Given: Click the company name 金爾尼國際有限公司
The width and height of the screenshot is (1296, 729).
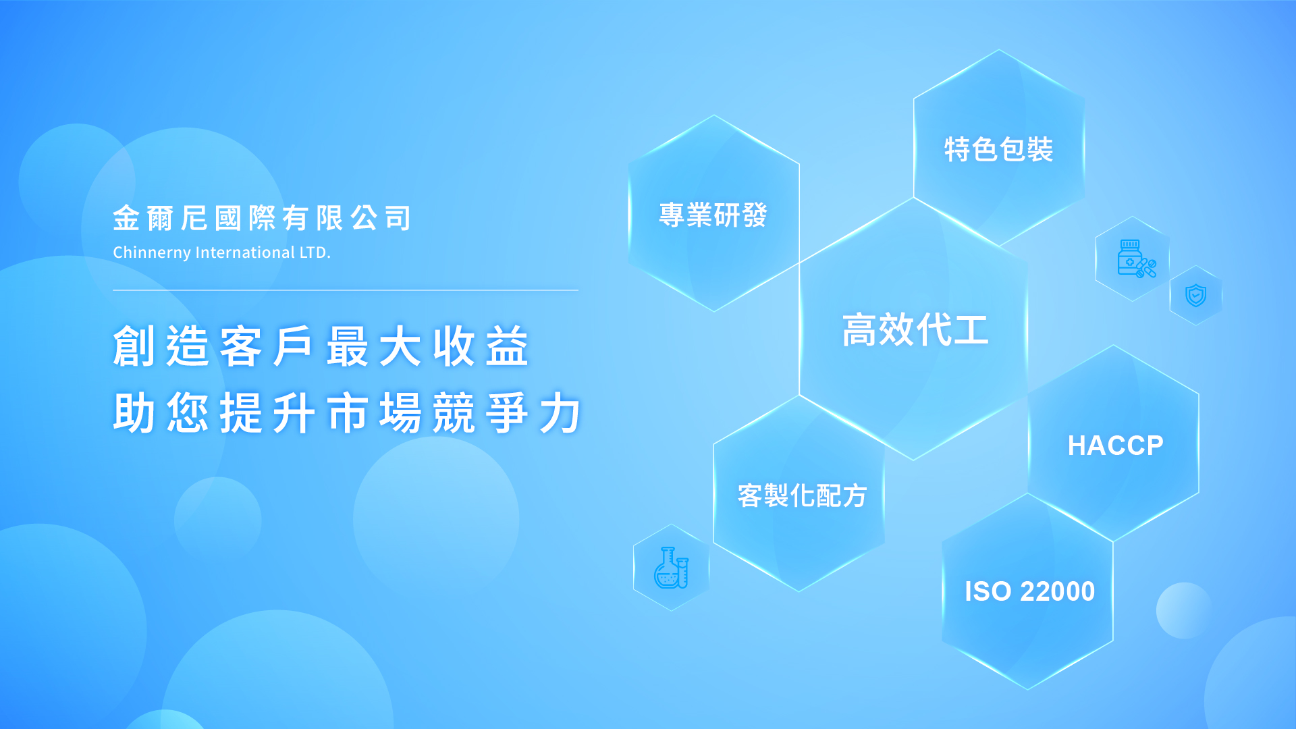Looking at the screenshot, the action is pos(261,218).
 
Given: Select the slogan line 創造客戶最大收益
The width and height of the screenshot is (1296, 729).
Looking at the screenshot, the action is pos(321,346).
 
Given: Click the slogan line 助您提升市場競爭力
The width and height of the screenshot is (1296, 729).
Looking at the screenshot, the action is pos(348,412).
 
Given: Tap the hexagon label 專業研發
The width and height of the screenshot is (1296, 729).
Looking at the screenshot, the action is pos(713,215).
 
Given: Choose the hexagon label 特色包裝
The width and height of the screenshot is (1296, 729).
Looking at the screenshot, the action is pos(998,149).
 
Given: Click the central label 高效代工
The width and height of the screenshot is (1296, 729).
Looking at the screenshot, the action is pos(915,330).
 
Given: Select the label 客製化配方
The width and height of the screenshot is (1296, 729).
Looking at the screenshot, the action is pos(802,495).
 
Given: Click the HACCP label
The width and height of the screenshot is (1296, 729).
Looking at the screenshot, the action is pos(1115,446).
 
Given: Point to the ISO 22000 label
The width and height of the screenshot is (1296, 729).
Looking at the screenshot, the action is pos(1029,591).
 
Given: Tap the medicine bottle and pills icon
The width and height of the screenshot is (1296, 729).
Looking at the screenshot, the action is pos(1137,259).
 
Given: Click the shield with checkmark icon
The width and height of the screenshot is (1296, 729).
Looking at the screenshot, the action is pos(1196,295).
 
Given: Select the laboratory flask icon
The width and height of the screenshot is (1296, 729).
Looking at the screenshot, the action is pos(671,568).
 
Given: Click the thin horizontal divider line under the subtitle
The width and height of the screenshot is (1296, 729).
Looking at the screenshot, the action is pos(346,290).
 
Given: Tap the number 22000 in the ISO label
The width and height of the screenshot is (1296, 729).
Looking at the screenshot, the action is pos(1057,591).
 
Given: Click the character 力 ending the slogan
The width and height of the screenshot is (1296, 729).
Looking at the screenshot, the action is pos(561,412).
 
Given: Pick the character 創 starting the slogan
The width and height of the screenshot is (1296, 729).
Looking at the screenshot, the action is pos(134,346).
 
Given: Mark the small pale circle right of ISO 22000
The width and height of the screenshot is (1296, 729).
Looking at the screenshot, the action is pos(1184,610).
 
